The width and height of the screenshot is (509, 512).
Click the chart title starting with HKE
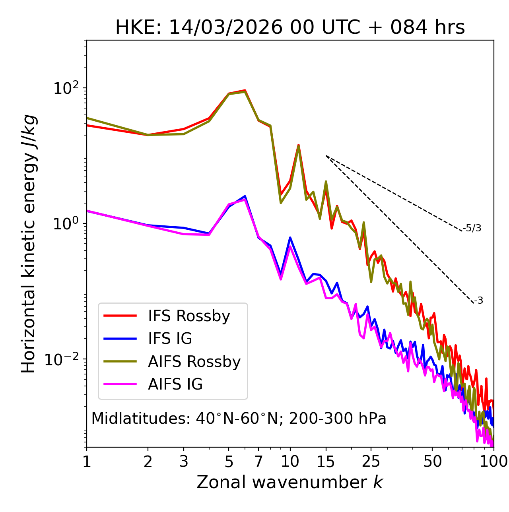290,28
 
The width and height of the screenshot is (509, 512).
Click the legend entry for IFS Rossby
189,316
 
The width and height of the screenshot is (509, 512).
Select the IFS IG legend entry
170,339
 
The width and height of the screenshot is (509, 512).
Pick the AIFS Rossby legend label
194,362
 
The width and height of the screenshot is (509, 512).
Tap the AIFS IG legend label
175,384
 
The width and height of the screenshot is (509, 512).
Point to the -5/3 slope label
472,229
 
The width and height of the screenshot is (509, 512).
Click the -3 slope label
478,301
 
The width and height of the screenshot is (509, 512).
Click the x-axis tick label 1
87,462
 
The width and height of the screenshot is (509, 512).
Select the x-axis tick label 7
258,462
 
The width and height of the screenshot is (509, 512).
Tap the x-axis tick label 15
326,462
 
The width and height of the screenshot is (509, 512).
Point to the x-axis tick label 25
371,462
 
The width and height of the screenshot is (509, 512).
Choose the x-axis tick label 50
432,462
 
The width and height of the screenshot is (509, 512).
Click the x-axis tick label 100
493,462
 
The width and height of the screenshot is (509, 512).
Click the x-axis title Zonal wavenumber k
290,483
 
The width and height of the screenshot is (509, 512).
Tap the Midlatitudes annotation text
239,419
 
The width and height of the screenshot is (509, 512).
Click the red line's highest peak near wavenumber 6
245,90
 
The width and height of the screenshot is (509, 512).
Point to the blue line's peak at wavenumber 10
290,237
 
